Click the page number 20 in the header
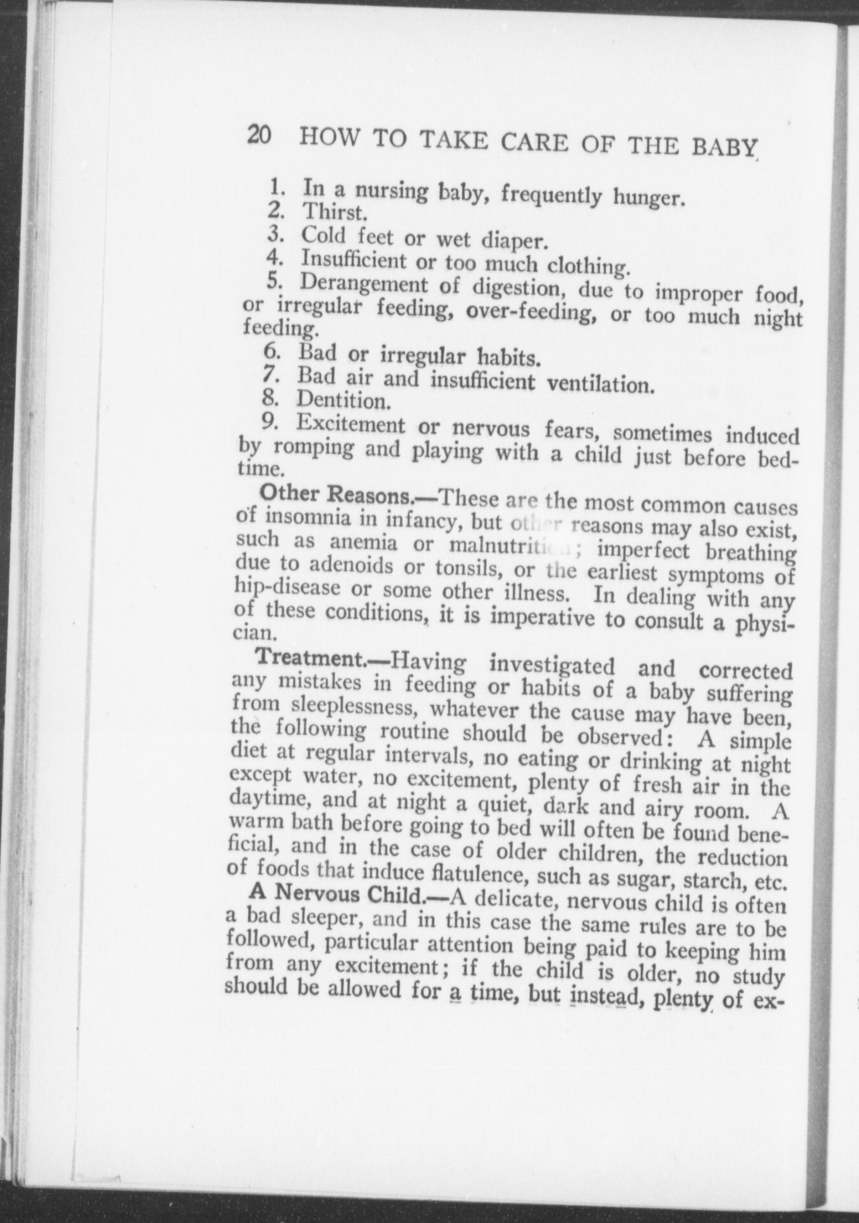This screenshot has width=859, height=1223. (259, 135)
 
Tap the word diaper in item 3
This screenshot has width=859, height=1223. (512, 241)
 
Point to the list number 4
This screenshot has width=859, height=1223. (276, 257)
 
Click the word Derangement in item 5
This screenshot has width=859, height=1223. (364, 284)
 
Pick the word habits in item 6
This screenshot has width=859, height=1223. (508, 359)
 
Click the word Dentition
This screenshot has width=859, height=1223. (342, 401)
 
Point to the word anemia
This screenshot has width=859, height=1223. (363, 543)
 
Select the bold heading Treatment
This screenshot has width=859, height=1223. (310, 659)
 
